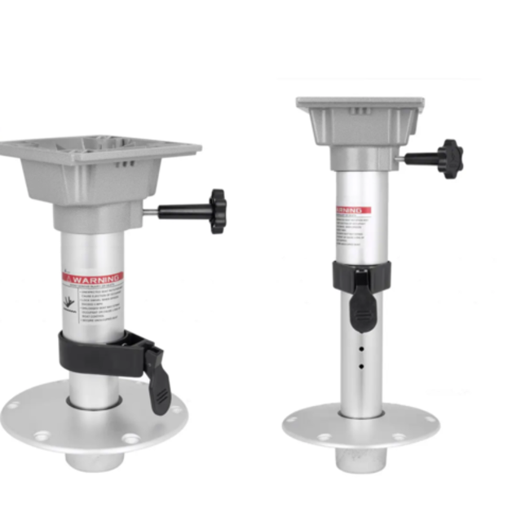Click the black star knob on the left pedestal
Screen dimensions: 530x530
point(216,210)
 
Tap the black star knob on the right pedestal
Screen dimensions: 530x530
point(449,158)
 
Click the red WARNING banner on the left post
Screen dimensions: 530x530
point(94,278)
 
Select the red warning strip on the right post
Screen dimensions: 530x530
point(352,210)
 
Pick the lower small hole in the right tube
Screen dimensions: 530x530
point(360,366)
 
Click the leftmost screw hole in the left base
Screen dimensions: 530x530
point(14,404)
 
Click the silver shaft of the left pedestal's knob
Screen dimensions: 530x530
point(150,212)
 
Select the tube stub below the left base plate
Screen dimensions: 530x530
point(94,460)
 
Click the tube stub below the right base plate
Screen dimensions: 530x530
point(360,461)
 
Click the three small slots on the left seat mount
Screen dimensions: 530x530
point(124,165)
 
